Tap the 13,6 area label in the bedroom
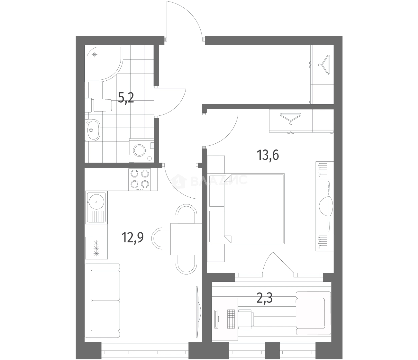pyautogui.click(x=268, y=155)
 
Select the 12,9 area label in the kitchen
pyautogui.click(x=132, y=237)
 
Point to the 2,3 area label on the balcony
pyautogui.click(x=265, y=298)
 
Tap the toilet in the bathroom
pyautogui.click(x=98, y=105)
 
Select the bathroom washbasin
pyautogui.click(x=92, y=129)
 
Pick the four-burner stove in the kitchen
pyautogui.click(x=140, y=179)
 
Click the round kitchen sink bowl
pyautogui.click(x=96, y=201)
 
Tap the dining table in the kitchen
pyautogui.click(x=186, y=239)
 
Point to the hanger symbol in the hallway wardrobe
pyautogui.click(x=324, y=65)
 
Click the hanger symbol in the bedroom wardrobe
pyautogui.click(x=291, y=119)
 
